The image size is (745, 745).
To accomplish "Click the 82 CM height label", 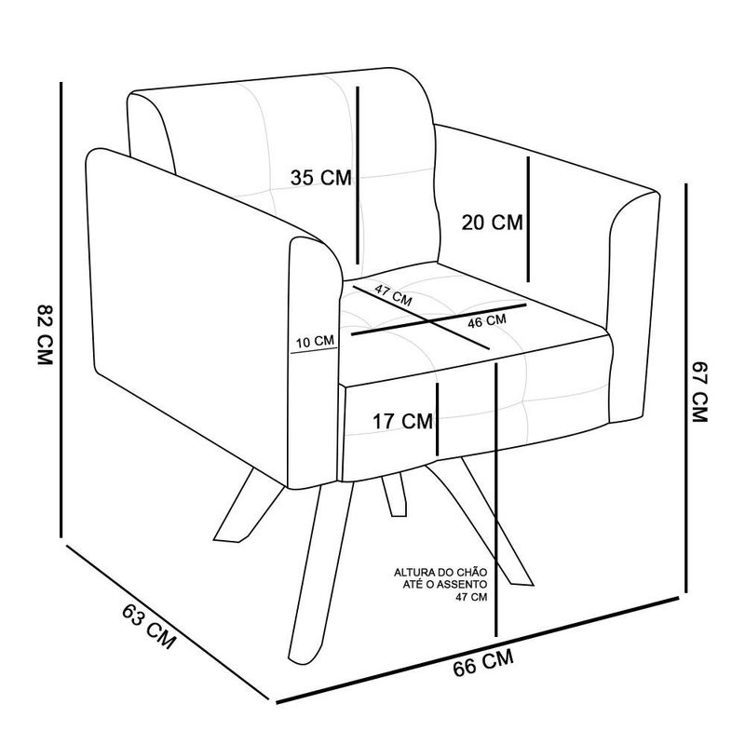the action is pyautogui.click(x=44, y=333).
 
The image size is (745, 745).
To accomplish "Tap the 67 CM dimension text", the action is pyautogui.click(x=700, y=392).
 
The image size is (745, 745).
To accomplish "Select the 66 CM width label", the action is pyautogui.click(x=483, y=662).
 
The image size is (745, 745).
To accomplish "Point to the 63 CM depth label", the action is pyautogui.click(x=149, y=626).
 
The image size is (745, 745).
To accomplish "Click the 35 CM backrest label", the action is pyautogui.click(x=321, y=178).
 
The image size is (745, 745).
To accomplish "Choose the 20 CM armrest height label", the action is pyautogui.click(x=492, y=223).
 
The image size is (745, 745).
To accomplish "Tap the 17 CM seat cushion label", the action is pyautogui.click(x=402, y=422).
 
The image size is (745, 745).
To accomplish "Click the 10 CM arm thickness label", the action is pyautogui.click(x=315, y=341).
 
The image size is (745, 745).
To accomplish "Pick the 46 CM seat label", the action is pyautogui.click(x=487, y=321).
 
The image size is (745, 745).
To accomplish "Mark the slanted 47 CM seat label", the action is pyautogui.click(x=393, y=295).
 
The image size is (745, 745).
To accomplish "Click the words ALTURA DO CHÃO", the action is pyautogui.click(x=440, y=573).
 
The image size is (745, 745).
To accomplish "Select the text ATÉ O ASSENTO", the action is pyautogui.click(x=445, y=585).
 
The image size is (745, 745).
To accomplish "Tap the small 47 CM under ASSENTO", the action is pyautogui.click(x=472, y=597).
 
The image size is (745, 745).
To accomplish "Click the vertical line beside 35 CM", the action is pyautogui.click(x=358, y=175).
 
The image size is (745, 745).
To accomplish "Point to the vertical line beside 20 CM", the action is pyautogui.click(x=528, y=219).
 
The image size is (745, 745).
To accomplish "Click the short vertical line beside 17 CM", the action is pyautogui.click(x=437, y=419).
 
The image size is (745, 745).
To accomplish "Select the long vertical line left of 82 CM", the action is pyautogui.click(x=61, y=309).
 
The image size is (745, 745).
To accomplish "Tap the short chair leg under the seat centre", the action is pyautogui.click(x=395, y=494).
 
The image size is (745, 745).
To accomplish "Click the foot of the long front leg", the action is pyautogui.click(x=302, y=659).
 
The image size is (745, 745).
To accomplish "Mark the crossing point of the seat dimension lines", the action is pyautogui.click(x=431, y=321).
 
